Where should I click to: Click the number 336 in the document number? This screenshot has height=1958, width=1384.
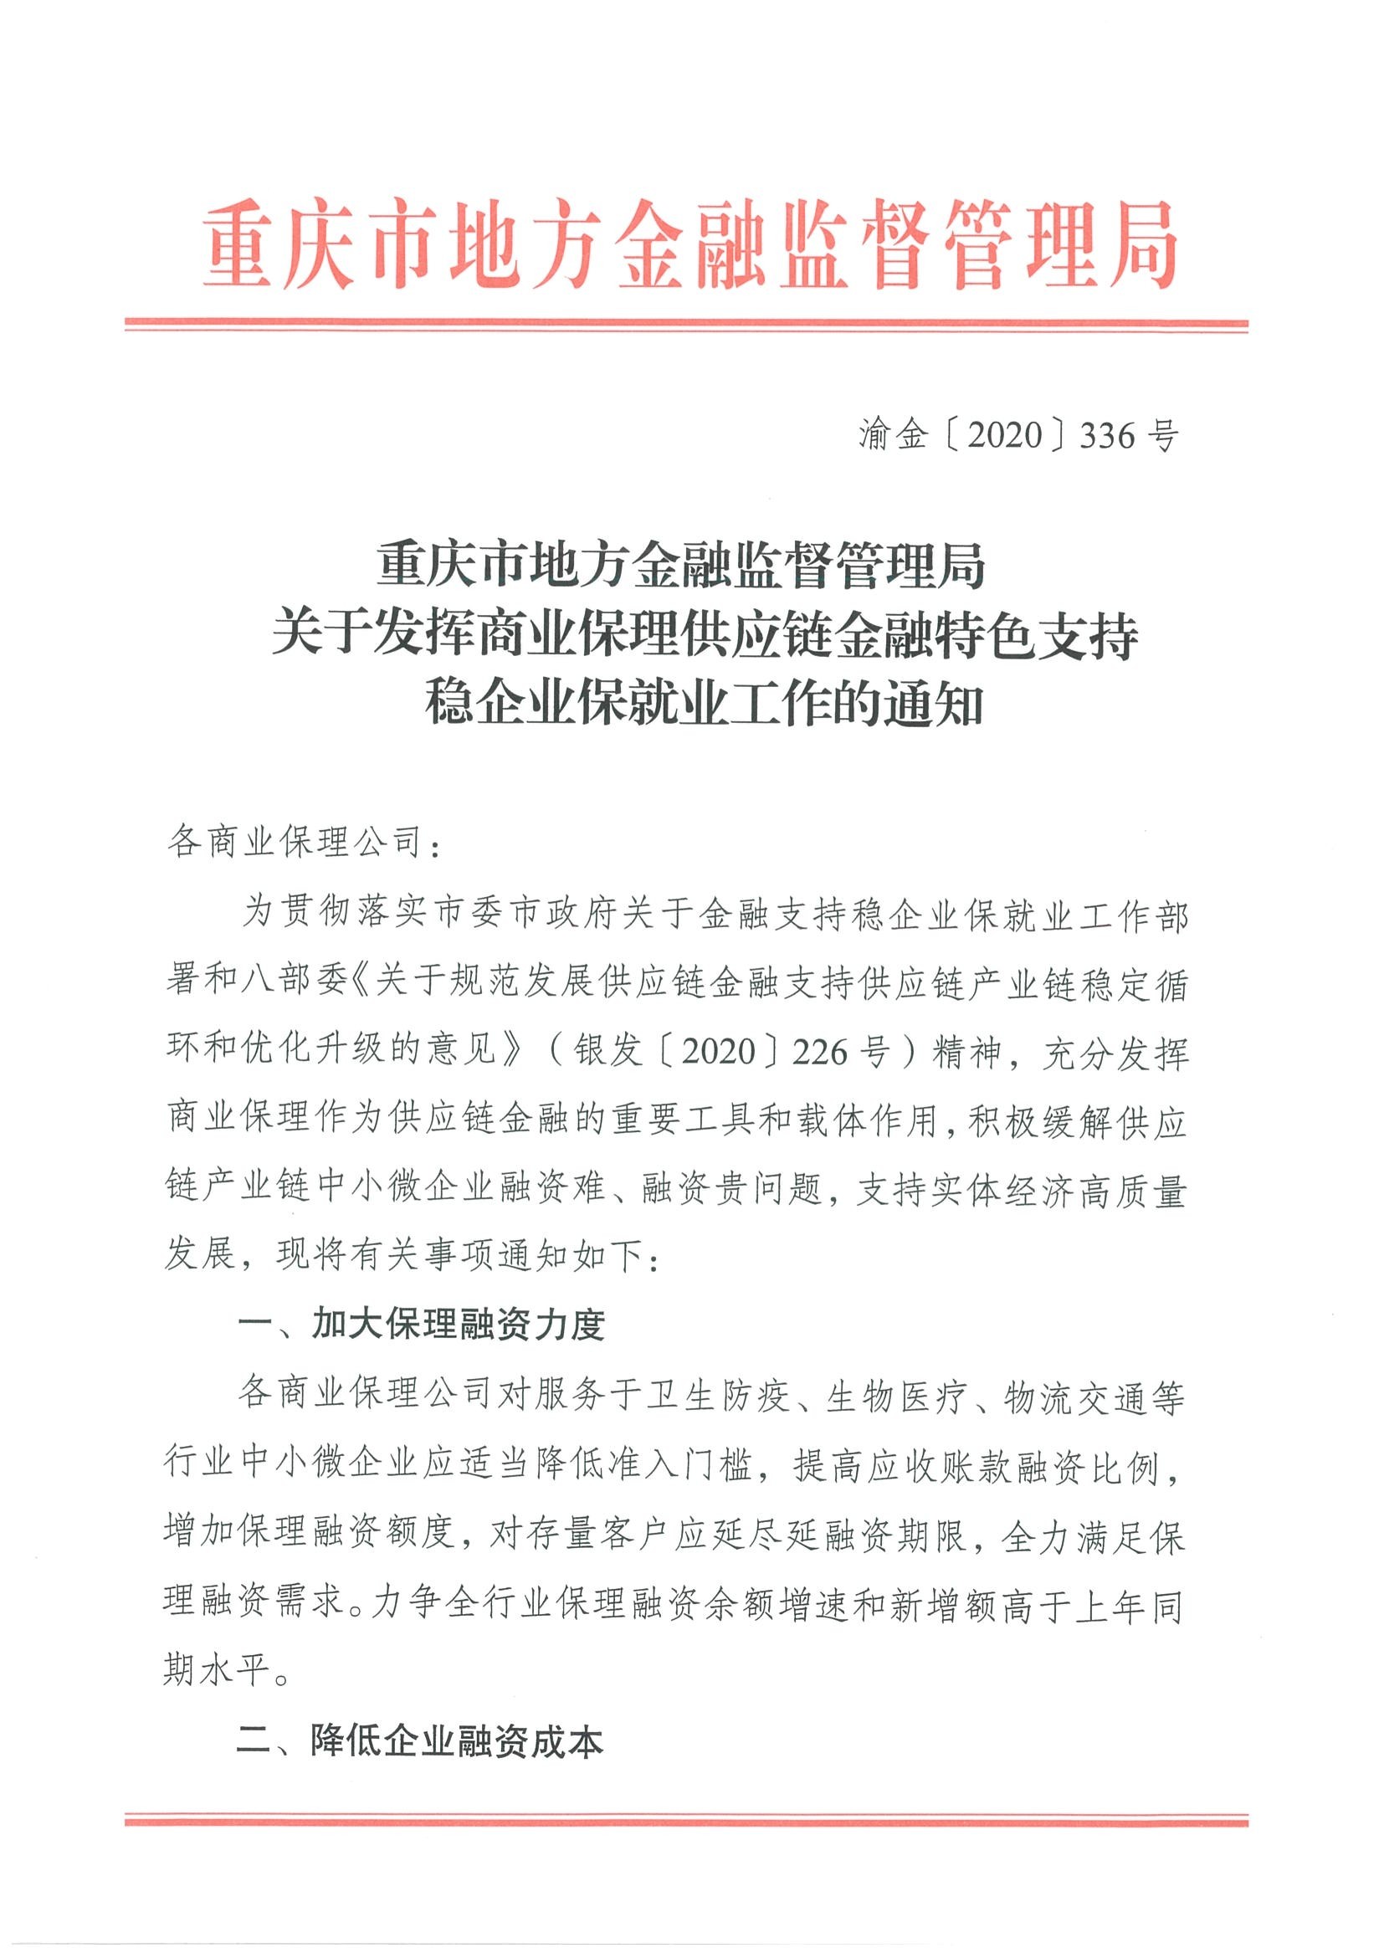pyautogui.click(x=1107, y=437)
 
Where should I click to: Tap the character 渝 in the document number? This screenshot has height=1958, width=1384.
pyautogui.click(x=875, y=436)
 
